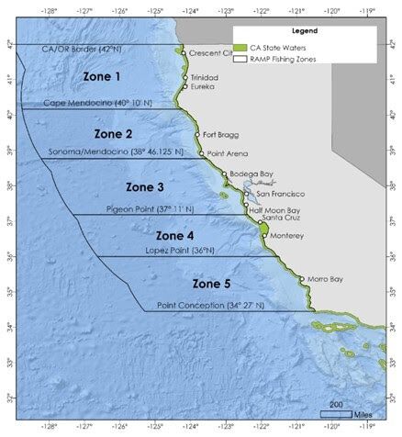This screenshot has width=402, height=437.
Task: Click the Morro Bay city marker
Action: tap(302, 279)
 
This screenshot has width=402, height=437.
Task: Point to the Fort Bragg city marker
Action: tap(196, 135)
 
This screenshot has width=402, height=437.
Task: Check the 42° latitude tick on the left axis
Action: tap(9, 44)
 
